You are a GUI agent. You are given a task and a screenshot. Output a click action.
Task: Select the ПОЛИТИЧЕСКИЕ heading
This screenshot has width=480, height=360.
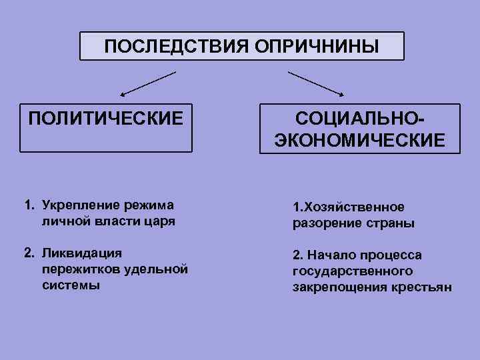click(105, 119)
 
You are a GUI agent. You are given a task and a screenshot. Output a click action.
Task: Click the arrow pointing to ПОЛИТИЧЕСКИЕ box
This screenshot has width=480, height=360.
click(147, 83)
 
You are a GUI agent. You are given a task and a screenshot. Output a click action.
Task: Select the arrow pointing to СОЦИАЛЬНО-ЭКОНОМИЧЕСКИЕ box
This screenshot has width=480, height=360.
click(317, 83)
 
